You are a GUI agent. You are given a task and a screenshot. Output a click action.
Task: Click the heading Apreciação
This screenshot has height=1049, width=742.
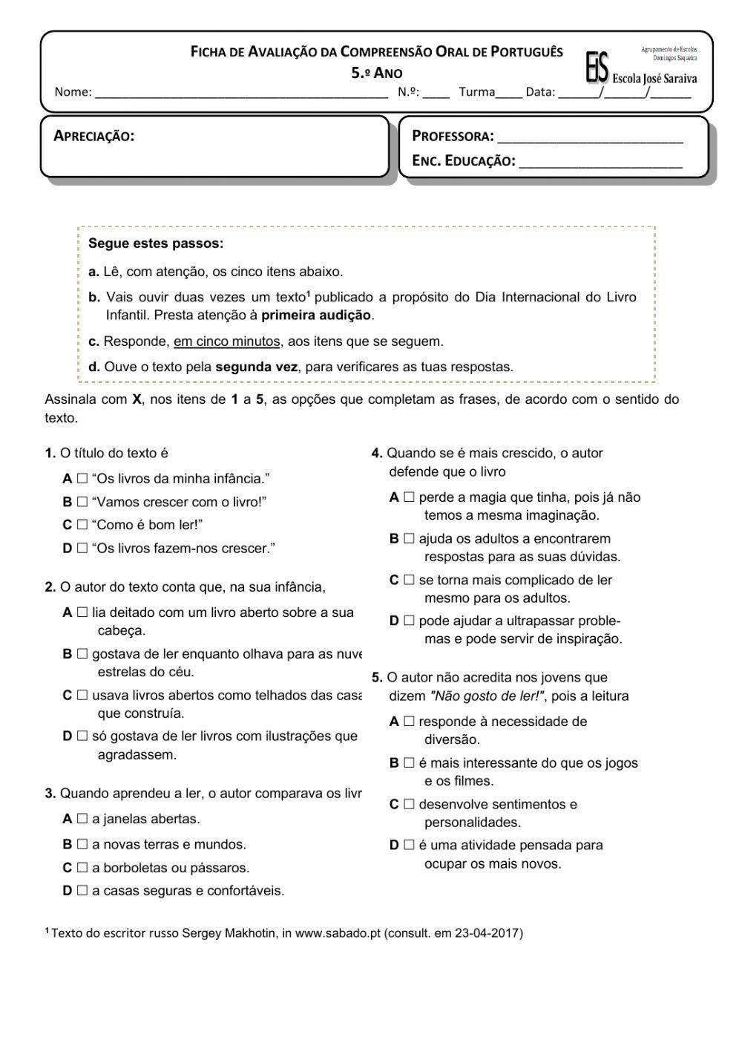(94, 136)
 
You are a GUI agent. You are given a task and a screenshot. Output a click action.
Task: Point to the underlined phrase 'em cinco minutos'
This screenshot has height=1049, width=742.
(227, 342)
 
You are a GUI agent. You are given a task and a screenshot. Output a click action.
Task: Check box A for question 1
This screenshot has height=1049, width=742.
(82, 479)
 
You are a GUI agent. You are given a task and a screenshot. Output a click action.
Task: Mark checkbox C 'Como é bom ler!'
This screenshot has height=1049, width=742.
(82, 525)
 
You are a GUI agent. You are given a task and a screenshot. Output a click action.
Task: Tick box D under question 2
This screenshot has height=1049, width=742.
(82, 736)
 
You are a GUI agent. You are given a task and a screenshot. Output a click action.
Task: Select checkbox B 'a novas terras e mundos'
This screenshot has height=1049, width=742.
(82, 844)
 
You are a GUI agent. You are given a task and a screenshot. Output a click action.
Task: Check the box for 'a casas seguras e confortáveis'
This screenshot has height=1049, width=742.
(82, 891)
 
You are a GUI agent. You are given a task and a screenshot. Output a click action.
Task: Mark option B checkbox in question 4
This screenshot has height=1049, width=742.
(409, 539)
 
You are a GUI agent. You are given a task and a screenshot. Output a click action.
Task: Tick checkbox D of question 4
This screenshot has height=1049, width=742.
(409, 621)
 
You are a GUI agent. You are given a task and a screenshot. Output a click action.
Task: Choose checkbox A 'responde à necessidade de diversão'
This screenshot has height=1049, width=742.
(409, 722)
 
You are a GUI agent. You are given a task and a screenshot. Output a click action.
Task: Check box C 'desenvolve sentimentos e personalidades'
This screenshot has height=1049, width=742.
(409, 804)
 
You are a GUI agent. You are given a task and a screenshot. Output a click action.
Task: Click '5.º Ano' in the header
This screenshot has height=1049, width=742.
(377, 73)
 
